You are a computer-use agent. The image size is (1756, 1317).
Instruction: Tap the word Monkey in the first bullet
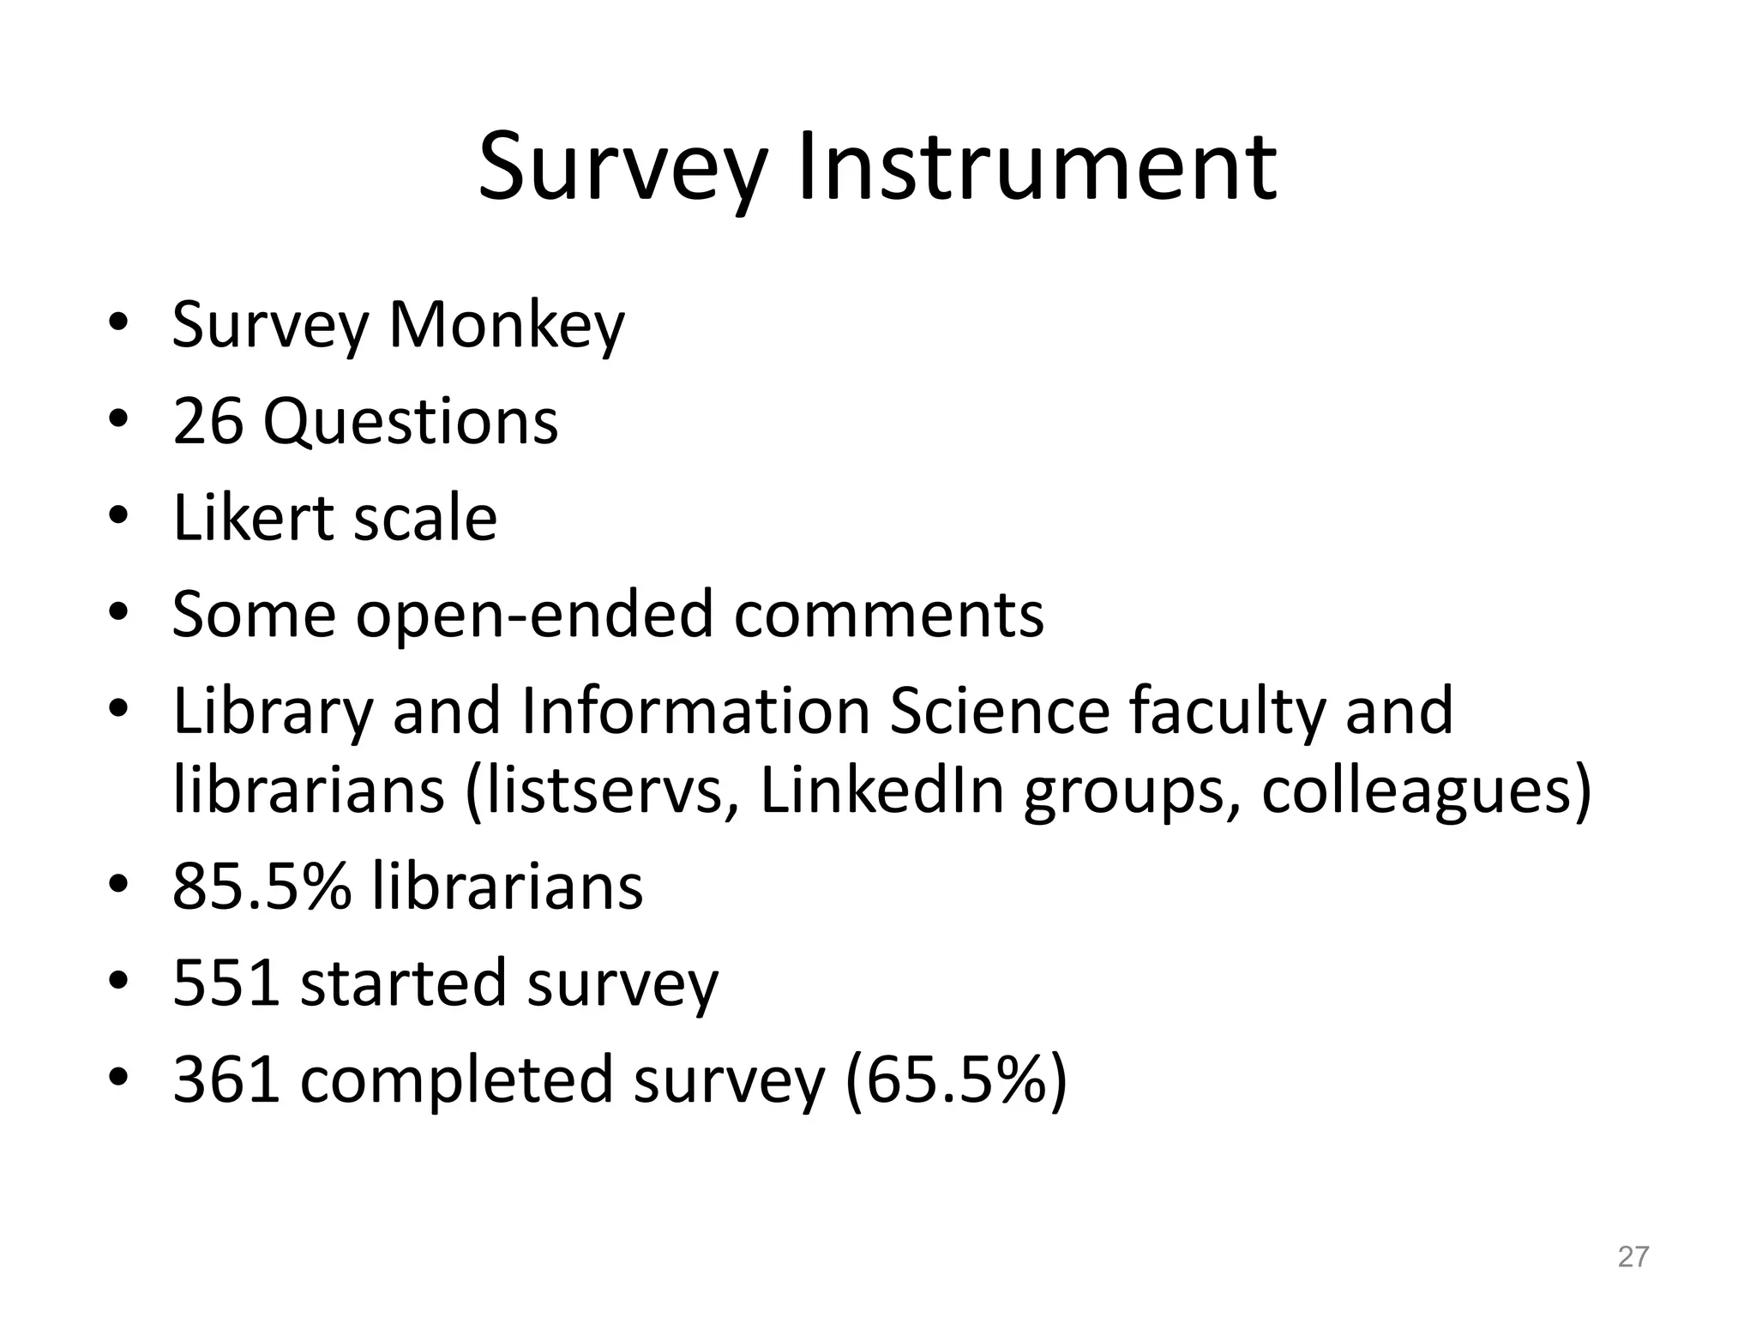(507, 326)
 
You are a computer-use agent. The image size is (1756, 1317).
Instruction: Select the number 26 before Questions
(207, 422)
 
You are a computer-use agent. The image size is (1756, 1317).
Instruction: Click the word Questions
(411, 424)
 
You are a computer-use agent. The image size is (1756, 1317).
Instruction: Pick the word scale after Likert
(425, 518)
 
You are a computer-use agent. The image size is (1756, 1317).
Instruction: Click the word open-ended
(534, 616)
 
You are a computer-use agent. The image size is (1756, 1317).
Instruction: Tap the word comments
(888, 616)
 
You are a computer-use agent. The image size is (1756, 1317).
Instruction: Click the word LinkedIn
(882, 791)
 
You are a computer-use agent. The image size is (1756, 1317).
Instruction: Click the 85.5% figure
(262, 887)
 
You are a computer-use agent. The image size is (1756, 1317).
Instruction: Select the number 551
(226, 983)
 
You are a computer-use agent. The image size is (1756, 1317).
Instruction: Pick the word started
(403, 983)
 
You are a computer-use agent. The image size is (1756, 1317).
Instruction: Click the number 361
(226, 1079)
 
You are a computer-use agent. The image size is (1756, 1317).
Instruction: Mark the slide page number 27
(1633, 1256)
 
